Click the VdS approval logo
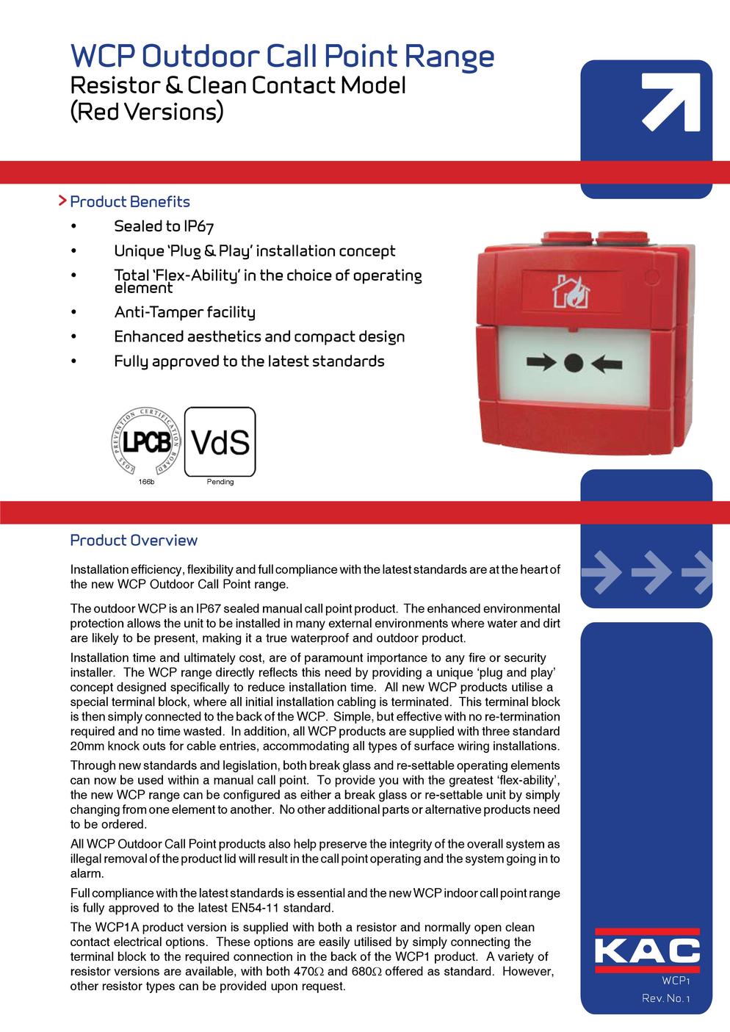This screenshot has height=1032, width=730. [220, 441]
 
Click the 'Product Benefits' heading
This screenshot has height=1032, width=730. [129, 202]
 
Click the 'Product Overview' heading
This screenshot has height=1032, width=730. [134, 541]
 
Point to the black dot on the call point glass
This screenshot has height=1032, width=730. [574, 362]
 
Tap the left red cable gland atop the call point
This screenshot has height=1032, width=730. [562, 239]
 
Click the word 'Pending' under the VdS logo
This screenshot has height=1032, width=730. [220, 482]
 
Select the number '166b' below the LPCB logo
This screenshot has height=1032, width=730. [146, 482]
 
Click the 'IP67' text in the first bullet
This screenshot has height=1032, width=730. [199, 227]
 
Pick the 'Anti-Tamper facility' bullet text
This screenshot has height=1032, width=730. [184, 312]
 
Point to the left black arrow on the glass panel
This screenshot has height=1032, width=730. [541, 362]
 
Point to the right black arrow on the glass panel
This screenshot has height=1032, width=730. [607, 362]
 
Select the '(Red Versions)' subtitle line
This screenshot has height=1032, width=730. [146, 112]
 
